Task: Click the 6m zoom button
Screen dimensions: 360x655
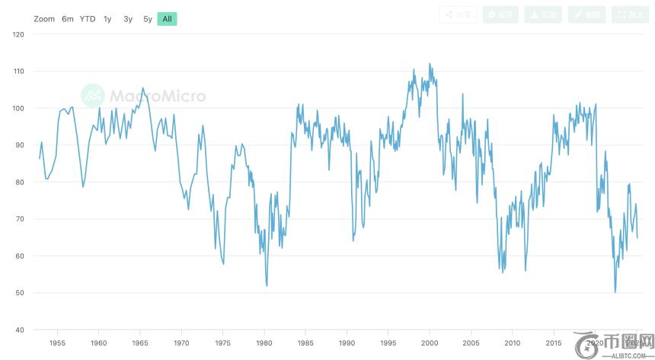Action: tap(68, 18)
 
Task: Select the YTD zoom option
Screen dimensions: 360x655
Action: tap(88, 18)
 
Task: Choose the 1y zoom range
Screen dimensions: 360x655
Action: tap(107, 18)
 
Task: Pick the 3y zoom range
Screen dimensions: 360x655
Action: tap(128, 18)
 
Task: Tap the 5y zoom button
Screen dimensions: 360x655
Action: tap(148, 18)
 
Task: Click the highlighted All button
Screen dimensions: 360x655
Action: tap(167, 18)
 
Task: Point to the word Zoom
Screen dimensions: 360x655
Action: tap(44, 18)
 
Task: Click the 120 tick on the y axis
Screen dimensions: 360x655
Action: tap(19, 35)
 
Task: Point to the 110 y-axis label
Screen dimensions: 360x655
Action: tap(19, 72)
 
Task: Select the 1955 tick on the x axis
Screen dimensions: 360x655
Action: tap(57, 343)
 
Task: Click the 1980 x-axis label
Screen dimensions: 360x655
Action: tap(264, 343)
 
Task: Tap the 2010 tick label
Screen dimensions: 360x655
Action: tap(513, 343)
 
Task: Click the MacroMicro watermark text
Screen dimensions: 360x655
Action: tap(158, 96)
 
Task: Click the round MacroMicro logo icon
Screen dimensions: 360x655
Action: tap(93, 95)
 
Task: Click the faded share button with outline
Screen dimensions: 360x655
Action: tap(458, 14)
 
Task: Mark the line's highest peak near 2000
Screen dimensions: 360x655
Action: tap(430, 64)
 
